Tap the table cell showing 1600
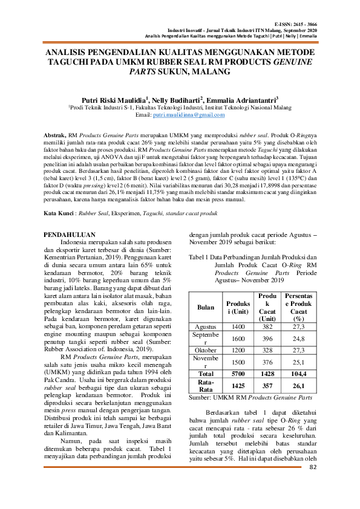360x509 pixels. click(x=238, y=338)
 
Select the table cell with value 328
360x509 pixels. click(x=266, y=350)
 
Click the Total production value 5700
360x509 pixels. click(x=238, y=374)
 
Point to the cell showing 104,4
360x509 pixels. click(x=298, y=374)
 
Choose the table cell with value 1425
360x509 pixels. click(x=238, y=386)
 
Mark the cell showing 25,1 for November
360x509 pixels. click(x=298, y=362)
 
